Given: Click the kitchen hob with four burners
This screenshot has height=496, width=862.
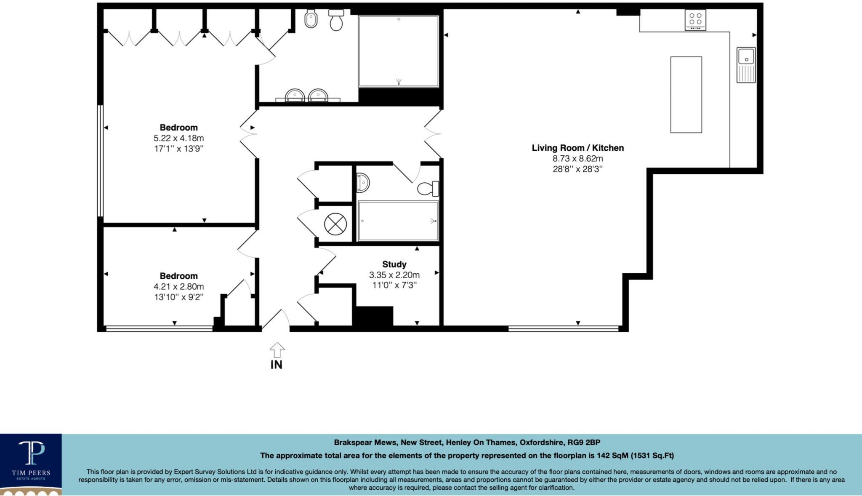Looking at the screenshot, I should pos(695,20).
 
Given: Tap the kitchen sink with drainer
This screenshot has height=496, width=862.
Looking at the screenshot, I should pos(746,64).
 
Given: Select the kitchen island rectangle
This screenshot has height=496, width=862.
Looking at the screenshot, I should pos(686,95).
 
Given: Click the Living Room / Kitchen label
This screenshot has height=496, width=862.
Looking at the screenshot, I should pos(577,148).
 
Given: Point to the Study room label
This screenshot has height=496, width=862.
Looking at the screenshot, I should pos(394,264).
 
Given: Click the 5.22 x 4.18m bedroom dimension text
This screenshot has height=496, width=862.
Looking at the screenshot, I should pos(178,138).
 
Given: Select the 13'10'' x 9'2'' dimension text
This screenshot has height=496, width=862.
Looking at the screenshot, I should pos(178,297).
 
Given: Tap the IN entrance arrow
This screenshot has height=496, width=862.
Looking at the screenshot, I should pos(277,349).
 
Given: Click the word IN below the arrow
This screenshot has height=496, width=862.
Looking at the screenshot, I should pos(277,365).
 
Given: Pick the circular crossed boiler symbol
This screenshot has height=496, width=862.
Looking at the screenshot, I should pos(335,224).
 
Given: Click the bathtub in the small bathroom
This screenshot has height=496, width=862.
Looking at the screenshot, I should pos(398,221).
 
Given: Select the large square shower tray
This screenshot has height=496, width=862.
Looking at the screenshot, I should pos(398,51).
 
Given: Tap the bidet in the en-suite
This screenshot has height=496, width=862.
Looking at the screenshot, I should pos(311,19).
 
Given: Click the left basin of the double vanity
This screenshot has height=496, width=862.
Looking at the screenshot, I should pos(295,95).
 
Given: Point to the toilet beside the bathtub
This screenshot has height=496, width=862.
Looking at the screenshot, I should pos(428,189).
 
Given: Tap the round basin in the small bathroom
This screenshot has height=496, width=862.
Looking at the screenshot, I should pos(363,183).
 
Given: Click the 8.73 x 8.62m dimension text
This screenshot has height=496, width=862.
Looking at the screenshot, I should pos(577,159).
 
